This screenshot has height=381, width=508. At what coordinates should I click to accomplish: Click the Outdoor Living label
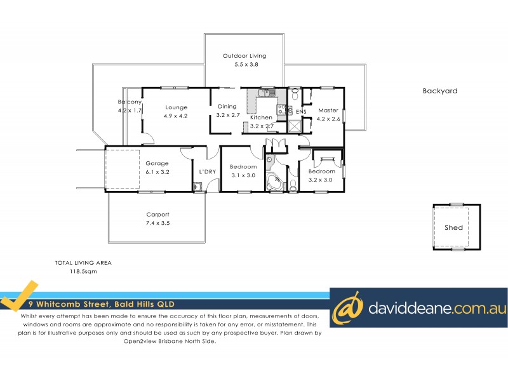click(244, 56)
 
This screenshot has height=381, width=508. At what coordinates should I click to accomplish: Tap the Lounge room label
click(176, 107)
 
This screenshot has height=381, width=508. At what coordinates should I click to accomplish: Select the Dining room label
click(227, 107)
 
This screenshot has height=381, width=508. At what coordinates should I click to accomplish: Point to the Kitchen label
click(261, 117)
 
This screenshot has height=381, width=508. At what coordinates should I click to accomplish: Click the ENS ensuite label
click(302, 112)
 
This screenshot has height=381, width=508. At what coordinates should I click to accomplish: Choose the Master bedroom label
click(328, 110)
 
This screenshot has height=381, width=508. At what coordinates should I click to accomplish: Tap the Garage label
click(157, 163)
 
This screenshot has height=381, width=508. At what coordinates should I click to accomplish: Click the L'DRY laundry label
click(207, 172)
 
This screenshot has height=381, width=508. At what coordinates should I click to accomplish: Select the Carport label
click(157, 214)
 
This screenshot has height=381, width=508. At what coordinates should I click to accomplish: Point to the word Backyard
click(440, 91)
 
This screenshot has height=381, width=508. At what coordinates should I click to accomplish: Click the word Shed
click(453, 227)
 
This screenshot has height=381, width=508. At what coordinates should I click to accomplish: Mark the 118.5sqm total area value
click(83, 271)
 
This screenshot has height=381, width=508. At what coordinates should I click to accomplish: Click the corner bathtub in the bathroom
click(276, 183)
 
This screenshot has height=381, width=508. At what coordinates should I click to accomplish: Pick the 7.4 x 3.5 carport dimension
click(157, 223)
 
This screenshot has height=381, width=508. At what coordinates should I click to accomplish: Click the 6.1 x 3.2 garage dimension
click(157, 171)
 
